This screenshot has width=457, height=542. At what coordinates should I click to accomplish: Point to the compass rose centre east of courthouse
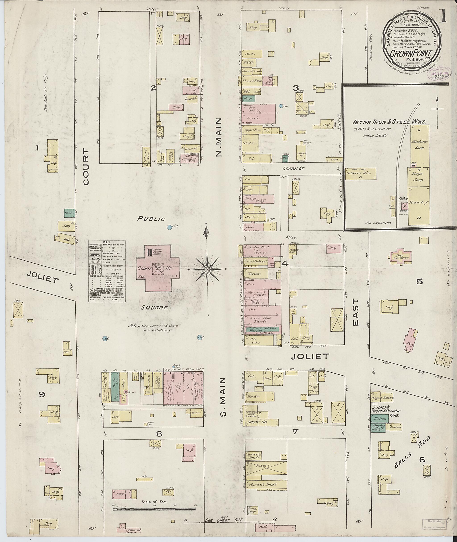[x=207, y=270]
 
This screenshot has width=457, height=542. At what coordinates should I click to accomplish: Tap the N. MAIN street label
[x=219, y=137]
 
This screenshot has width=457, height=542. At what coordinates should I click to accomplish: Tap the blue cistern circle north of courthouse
[x=169, y=227]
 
